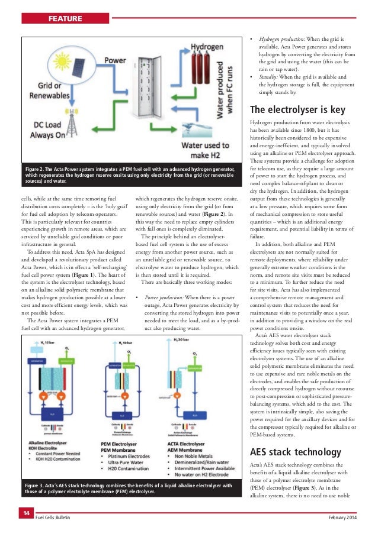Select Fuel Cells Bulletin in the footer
[53, 517]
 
